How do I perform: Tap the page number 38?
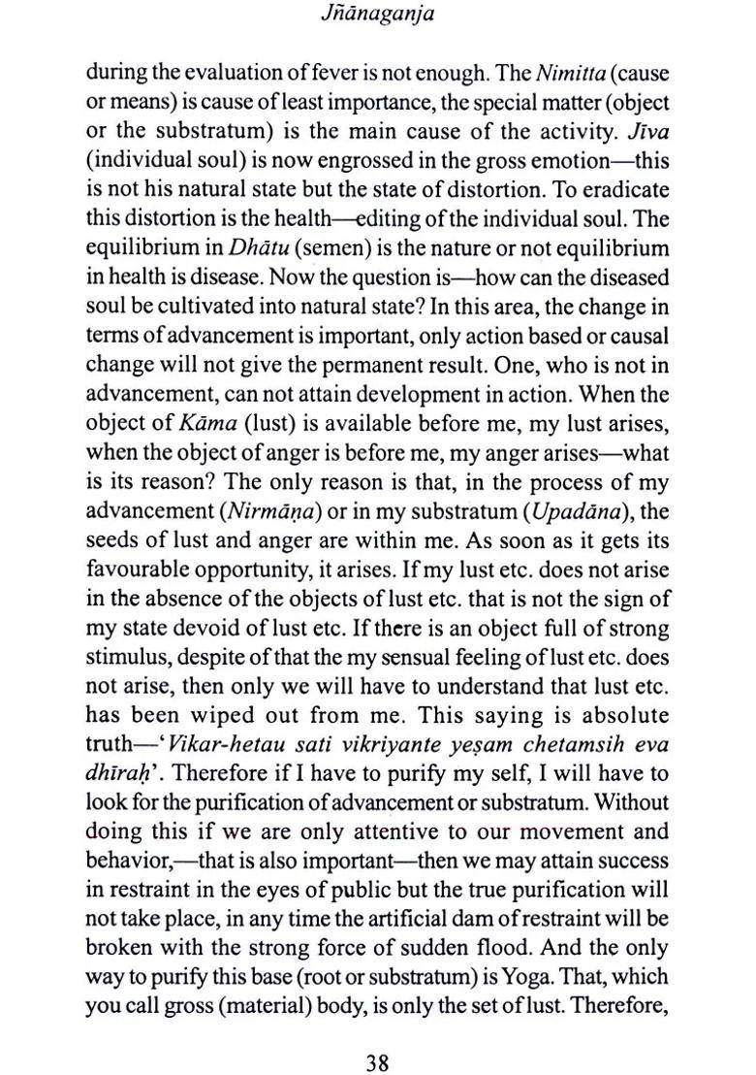click(377, 1035)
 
